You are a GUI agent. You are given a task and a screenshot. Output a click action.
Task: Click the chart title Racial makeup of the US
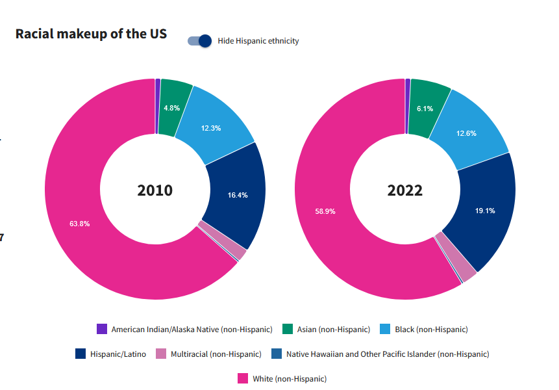pos(91,34)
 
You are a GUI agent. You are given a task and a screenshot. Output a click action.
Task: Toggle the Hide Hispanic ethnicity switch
pos(200,41)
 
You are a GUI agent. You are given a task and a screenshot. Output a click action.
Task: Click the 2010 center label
pos(155,190)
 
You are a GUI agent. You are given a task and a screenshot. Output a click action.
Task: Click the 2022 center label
pos(405,190)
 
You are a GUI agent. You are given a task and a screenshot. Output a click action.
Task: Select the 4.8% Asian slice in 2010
pos(172,107)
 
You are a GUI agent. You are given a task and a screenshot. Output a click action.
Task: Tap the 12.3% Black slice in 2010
pos(211,128)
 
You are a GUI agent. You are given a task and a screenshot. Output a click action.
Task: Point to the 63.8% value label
pos(79,224)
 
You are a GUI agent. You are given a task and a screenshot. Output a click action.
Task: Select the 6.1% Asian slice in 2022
pos(425,109)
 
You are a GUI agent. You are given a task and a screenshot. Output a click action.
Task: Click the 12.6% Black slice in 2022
pos(466,133)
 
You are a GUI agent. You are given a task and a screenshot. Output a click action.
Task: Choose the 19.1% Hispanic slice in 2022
pos(485,211)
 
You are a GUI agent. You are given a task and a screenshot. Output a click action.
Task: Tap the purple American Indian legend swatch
pos(101,330)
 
